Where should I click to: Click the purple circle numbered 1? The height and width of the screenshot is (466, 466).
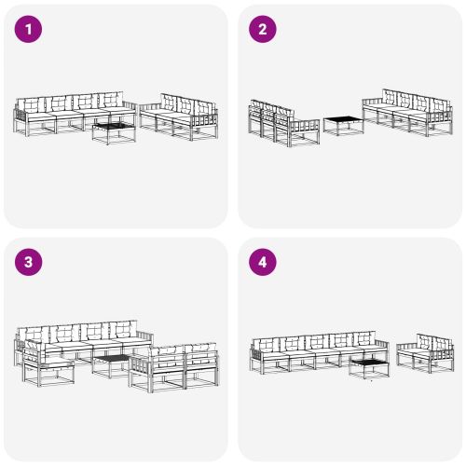pyautogui.click(x=31, y=30)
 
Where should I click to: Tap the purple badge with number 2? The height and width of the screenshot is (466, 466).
pyautogui.click(x=263, y=30)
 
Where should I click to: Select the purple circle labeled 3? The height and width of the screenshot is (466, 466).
pyautogui.click(x=31, y=263)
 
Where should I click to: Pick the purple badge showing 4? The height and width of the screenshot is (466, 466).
pyautogui.click(x=263, y=263)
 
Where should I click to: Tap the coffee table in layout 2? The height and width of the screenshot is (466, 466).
pyautogui.click(x=343, y=125)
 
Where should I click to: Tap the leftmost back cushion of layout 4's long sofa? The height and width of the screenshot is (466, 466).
pyautogui.click(x=267, y=344)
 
